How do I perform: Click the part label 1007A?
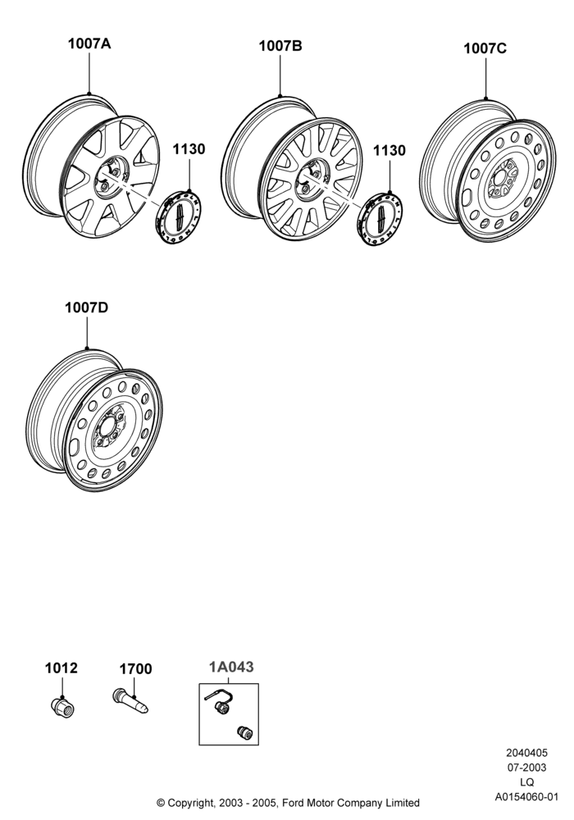89,43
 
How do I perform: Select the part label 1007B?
280,46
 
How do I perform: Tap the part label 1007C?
485,48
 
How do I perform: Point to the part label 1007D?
86,307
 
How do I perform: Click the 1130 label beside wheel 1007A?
189,149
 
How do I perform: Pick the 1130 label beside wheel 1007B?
389,151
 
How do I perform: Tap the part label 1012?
61,667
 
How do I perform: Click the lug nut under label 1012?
63,707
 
